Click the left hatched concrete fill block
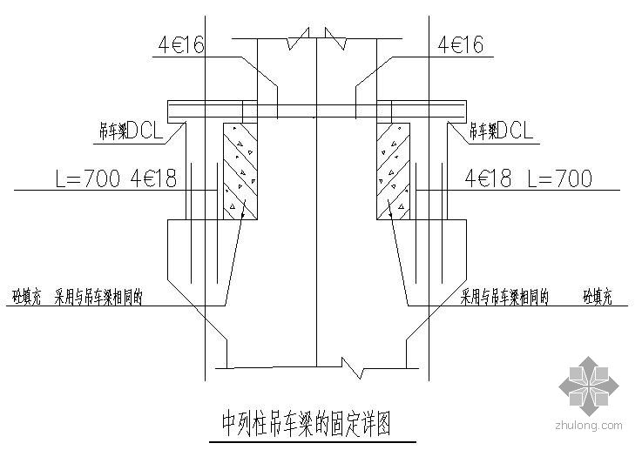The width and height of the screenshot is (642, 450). [240, 169]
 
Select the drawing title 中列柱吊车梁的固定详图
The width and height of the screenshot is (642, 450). [304, 425]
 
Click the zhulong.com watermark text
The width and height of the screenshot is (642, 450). [588, 426]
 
